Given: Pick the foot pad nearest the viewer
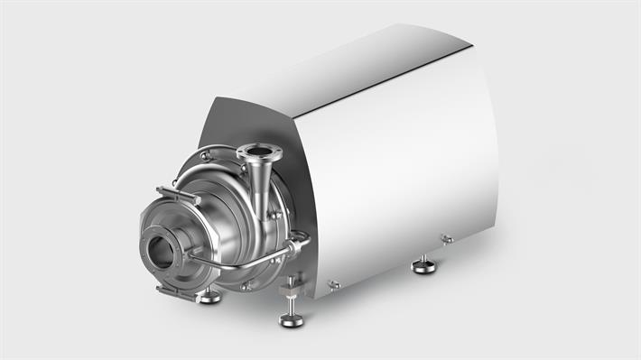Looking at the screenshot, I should (x=292, y=318).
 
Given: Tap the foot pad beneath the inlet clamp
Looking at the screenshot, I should (x=209, y=296).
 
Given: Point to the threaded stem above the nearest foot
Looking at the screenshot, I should (x=291, y=298).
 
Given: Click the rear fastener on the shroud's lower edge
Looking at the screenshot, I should (x=446, y=238).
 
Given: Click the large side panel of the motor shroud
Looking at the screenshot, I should (x=397, y=171).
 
